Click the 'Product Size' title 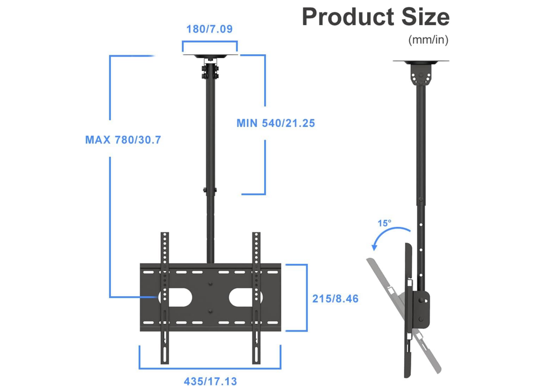[x=375, y=17]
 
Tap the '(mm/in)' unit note [x=428, y=40]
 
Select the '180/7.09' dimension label [x=209, y=29]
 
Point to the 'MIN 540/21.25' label [x=275, y=123]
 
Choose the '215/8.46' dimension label [x=335, y=298]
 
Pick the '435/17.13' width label [x=210, y=381]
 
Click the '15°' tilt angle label [x=384, y=223]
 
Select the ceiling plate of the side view [x=420, y=62]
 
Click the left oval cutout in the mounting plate [x=178, y=296]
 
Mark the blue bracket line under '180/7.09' [x=210, y=43]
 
